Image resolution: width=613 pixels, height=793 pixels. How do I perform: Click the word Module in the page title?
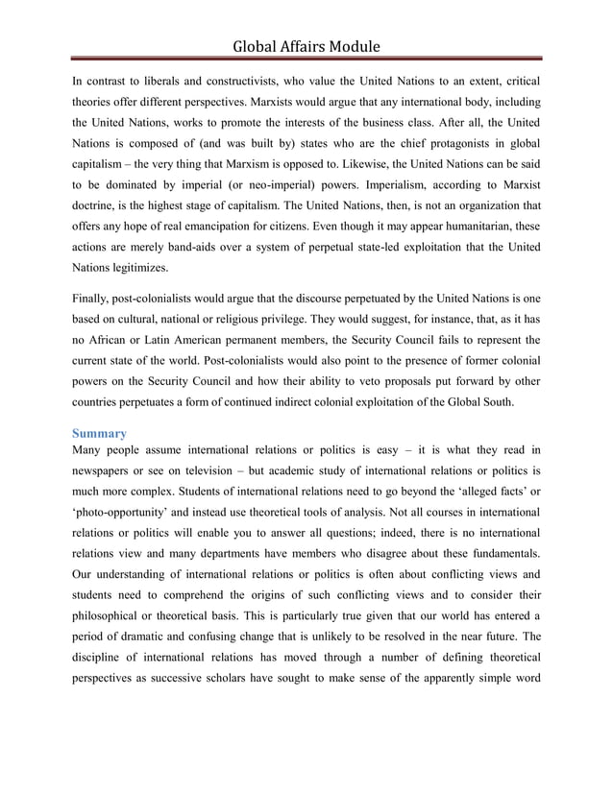(x=350, y=45)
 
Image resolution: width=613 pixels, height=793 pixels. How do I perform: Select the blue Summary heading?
(x=100, y=433)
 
